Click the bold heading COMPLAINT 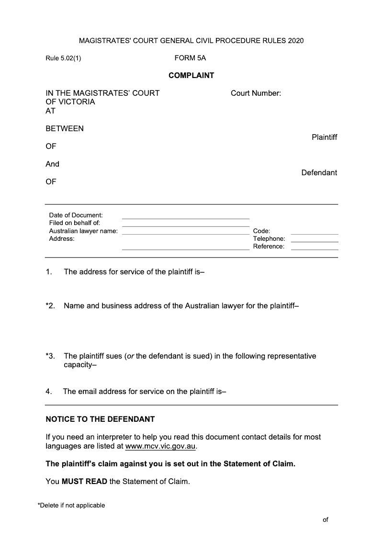[191, 75]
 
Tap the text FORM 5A [190, 58]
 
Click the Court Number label [256, 93]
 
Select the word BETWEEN [65, 128]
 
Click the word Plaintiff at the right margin [324, 137]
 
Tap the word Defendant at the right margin [319, 172]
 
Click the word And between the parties [53, 164]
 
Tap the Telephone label [269, 238]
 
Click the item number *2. [51, 305]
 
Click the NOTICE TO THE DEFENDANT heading [100, 419]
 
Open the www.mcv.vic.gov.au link [160, 446]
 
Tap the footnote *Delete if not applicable [71, 505]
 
